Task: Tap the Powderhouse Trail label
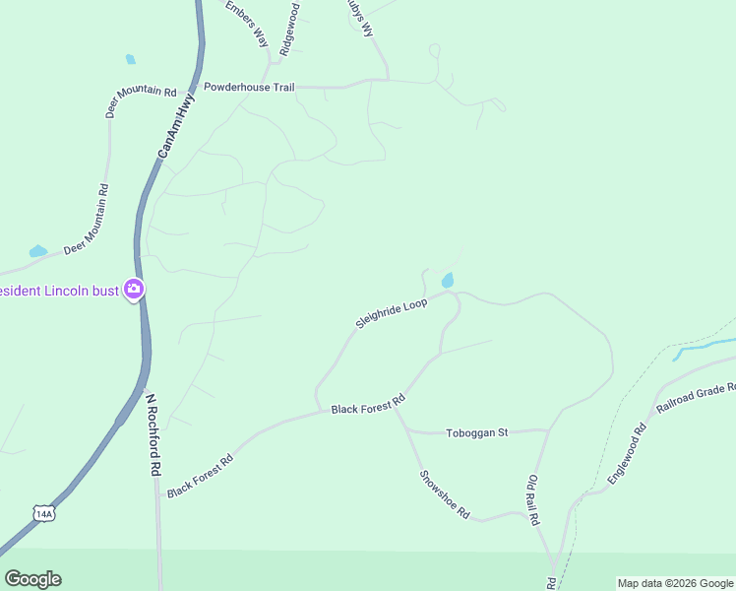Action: [249, 88]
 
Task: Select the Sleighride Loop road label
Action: [391, 313]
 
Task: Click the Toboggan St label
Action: [476, 432]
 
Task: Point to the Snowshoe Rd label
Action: [446, 494]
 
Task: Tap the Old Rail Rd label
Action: [531, 499]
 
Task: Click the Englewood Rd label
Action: [626, 453]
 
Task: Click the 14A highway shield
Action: [42, 514]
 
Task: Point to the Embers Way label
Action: [246, 23]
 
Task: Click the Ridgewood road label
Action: [289, 28]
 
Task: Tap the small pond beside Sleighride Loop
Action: [449, 281]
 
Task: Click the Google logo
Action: [32, 579]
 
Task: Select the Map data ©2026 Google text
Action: [674, 583]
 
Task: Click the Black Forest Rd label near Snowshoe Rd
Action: [368, 406]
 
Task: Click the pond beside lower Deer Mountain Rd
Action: [37, 251]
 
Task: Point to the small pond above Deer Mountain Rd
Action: [130, 60]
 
